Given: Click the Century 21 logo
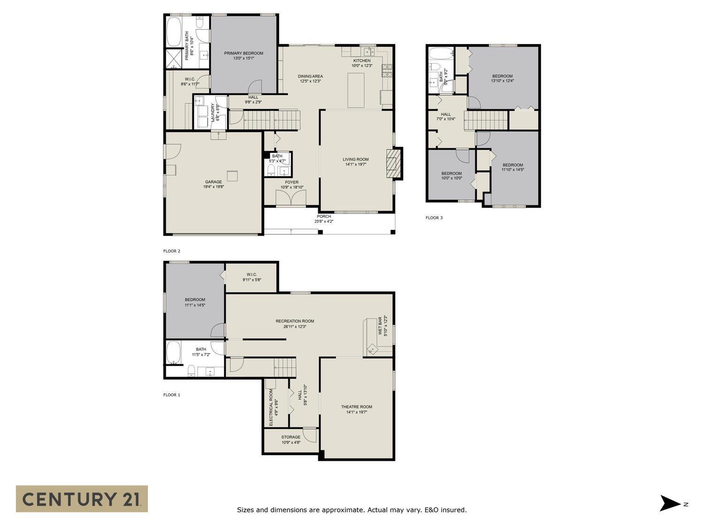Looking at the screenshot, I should click(82, 498).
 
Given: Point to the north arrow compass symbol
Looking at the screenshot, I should click(670, 503).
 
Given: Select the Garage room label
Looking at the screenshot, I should click(214, 184).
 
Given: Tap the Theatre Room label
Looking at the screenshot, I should click(357, 409).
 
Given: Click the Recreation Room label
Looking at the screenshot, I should click(295, 324).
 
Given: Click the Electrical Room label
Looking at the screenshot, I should click(273, 407).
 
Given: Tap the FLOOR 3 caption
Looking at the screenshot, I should click(434, 218).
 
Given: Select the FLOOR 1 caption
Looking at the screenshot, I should click(172, 395).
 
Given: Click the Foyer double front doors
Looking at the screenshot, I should click(291, 198).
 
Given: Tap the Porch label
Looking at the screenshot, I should click(324, 219).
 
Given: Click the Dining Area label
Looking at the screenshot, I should click(310, 78).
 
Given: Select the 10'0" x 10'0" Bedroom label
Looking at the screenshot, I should click(451, 176).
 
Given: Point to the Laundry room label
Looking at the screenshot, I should click(214, 113).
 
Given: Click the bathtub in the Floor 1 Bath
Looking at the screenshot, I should click(174, 353).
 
